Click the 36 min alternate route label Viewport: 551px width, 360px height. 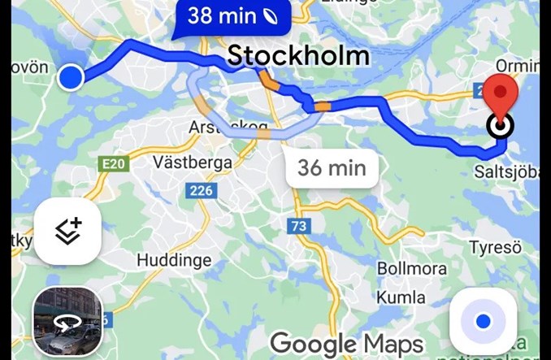(x=332, y=168)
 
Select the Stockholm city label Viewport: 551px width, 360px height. (x=298, y=56)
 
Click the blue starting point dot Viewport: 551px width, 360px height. (x=72, y=77)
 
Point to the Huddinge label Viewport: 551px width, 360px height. (x=174, y=261)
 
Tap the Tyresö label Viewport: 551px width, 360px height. (x=495, y=247)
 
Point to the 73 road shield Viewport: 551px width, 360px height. (x=299, y=226)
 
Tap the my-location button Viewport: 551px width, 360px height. (x=483, y=322)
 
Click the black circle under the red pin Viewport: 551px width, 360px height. (x=501, y=126)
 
